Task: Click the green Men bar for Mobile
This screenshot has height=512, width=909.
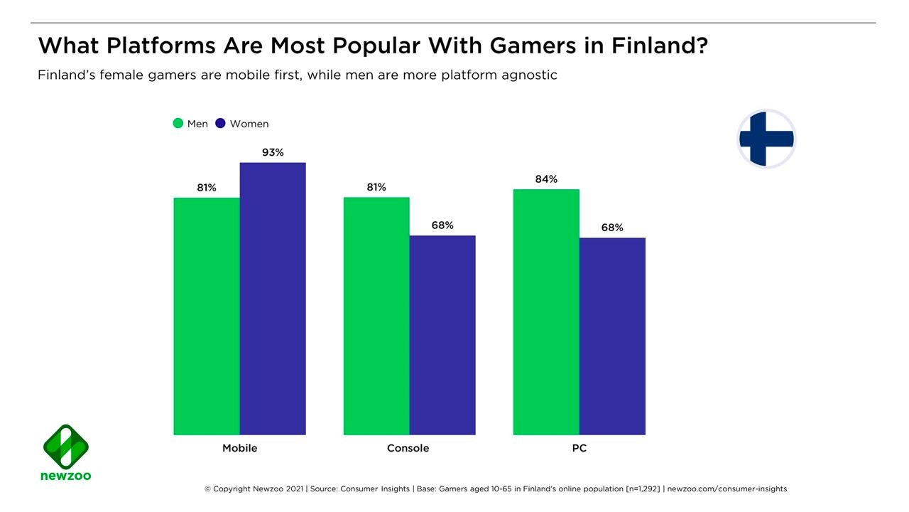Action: point(207,316)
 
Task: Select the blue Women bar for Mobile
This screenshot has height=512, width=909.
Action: point(273,299)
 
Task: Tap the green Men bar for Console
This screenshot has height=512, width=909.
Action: point(376,316)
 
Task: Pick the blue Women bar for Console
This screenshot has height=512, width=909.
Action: point(442,335)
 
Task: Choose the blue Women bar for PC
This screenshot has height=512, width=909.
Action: point(612,336)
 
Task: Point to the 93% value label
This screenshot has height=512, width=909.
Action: point(273,152)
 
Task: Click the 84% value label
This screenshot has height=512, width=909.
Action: point(546,179)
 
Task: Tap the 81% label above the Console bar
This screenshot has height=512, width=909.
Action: point(376,187)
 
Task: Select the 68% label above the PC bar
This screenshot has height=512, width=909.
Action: point(612,228)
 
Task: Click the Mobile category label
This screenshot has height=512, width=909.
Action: point(239,448)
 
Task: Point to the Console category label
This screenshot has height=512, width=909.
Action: point(408,448)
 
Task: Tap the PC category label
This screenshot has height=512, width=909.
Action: point(579,448)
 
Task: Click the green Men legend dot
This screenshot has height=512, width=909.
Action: point(178,124)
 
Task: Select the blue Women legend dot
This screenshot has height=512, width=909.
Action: point(220,124)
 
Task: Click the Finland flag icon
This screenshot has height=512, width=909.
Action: point(766,139)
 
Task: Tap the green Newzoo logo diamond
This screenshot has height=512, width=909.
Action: point(66,447)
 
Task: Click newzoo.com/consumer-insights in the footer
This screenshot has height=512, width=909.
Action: point(727,489)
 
